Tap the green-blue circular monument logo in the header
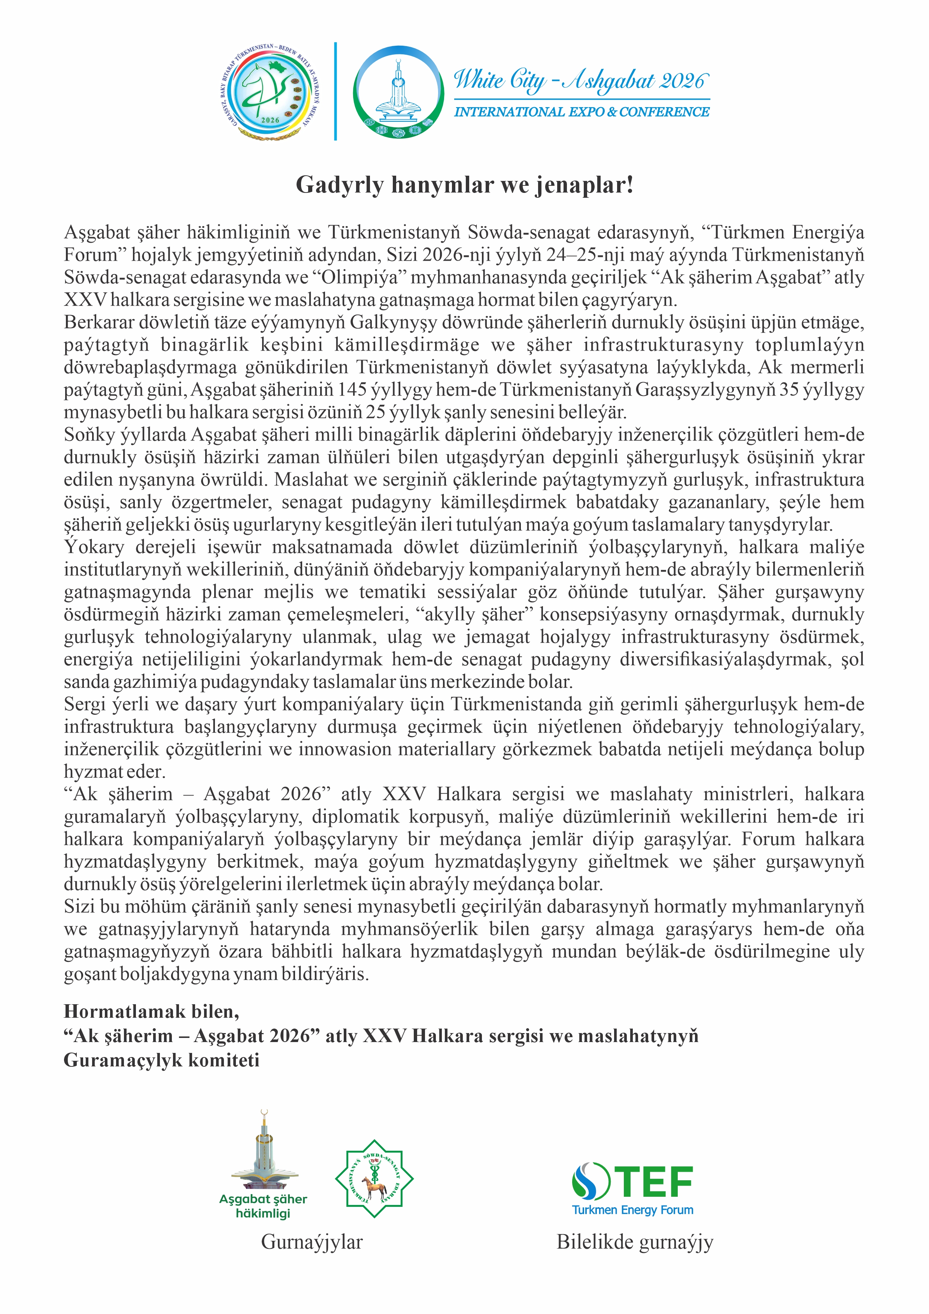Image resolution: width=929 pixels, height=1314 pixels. point(399,93)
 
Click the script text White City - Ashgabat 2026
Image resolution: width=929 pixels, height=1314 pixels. point(581,80)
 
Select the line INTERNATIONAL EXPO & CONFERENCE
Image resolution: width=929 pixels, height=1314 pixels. point(581,112)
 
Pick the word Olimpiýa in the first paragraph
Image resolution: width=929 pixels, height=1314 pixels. point(359,278)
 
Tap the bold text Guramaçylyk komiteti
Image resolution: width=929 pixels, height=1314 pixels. point(161,1060)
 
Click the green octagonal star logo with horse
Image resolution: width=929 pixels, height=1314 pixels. point(374,1178)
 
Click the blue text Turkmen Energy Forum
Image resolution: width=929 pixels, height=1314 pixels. point(633,1210)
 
